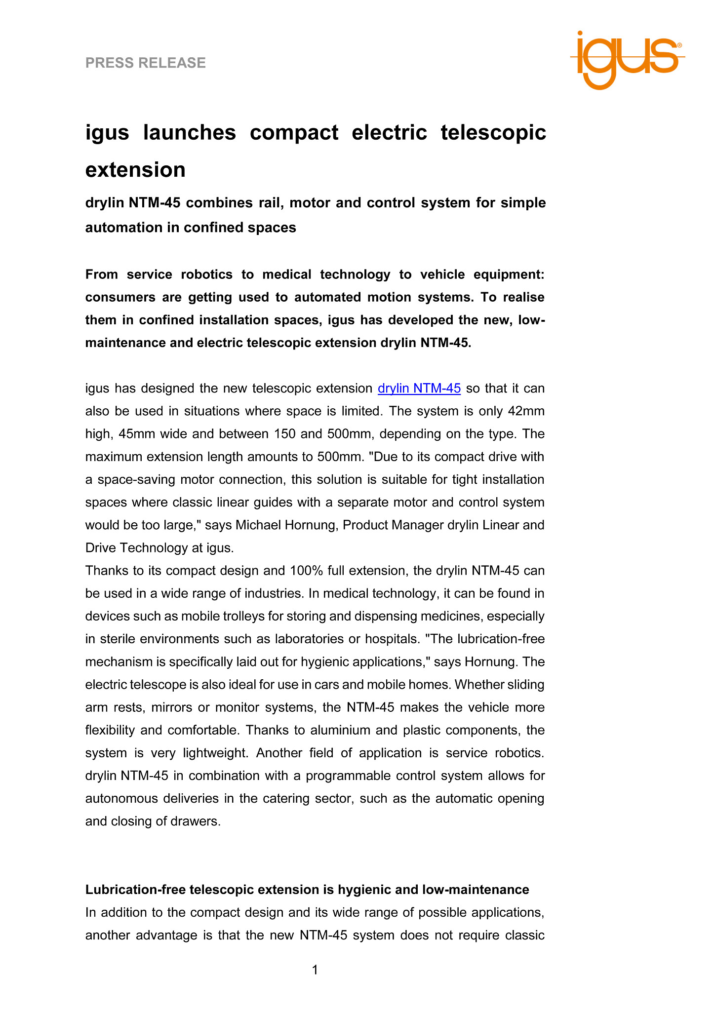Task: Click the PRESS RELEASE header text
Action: (146, 63)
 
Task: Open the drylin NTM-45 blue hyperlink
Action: (419, 389)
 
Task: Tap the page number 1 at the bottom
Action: (315, 970)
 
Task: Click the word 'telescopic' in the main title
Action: (493, 133)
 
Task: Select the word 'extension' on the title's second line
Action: (135, 170)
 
